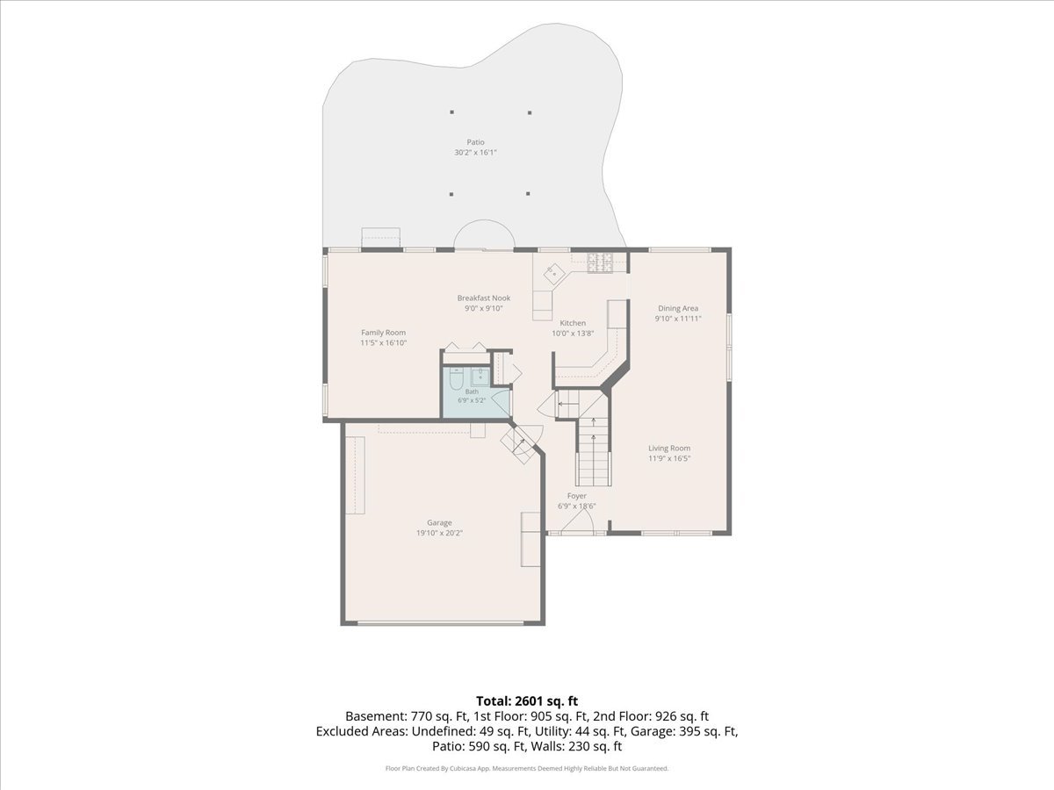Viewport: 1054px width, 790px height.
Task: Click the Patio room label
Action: click(x=475, y=142)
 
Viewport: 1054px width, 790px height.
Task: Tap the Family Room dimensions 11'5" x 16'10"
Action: click(x=384, y=343)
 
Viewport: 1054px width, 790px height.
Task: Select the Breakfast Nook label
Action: click(x=484, y=298)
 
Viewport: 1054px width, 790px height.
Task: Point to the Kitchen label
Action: click(x=573, y=323)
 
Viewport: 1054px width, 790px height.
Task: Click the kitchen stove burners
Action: click(x=601, y=262)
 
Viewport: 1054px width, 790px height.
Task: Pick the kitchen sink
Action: click(x=554, y=274)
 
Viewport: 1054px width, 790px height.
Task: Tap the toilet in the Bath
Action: click(x=456, y=379)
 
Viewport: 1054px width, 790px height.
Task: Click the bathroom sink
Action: click(x=480, y=377)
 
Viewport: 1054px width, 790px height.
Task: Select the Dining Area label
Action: click(x=678, y=308)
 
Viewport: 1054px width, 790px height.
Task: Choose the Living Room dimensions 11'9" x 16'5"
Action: click(x=669, y=458)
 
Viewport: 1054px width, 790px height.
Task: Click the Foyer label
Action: click(x=577, y=496)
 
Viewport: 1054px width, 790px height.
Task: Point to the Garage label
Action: click(x=439, y=523)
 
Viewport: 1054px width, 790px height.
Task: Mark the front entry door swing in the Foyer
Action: click(x=578, y=521)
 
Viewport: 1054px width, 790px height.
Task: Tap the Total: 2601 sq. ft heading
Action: click(x=527, y=701)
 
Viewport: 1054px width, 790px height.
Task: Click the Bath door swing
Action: click(x=501, y=403)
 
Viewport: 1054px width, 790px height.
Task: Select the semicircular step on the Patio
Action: click(x=485, y=234)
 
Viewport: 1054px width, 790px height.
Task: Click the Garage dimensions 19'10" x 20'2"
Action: click(x=439, y=533)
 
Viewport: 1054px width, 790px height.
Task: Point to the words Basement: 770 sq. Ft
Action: click(x=407, y=716)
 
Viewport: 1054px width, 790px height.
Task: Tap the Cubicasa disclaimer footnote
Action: click(x=527, y=768)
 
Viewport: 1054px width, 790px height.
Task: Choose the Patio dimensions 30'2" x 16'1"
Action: click(x=475, y=153)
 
